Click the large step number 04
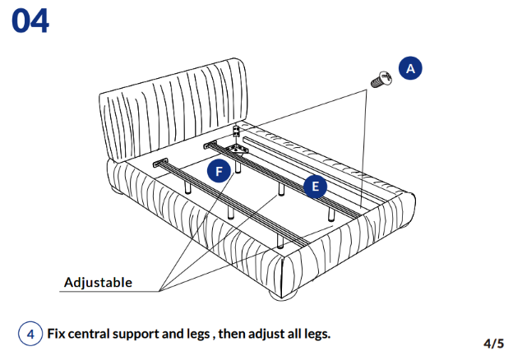(x=30, y=21)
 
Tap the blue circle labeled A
(x=410, y=69)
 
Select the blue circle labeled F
(x=218, y=172)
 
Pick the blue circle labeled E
(x=314, y=187)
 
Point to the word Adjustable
(x=98, y=283)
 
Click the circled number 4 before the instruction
(x=30, y=335)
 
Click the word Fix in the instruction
(x=56, y=335)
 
